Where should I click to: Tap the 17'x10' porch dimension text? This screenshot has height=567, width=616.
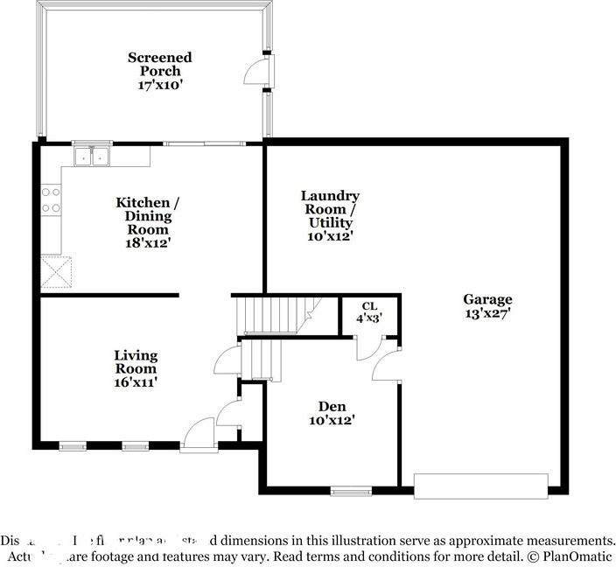pyautogui.click(x=159, y=85)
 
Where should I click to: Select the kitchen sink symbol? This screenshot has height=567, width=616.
pyautogui.click(x=91, y=157)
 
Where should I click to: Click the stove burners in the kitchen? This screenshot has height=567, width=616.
pyautogui.click(x=51, y=200)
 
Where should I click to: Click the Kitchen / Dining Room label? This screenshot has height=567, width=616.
pyautogui.click(x=143, y=216)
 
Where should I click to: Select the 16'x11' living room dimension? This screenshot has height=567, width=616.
pyautogui.click(x=136, y=381)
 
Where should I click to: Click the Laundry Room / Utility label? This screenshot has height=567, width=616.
pyautogui.click(x=330, y=209)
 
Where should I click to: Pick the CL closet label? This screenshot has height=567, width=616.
pyautogui.click(x=369, y=306)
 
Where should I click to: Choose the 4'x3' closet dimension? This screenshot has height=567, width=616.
pyautogui.click(x=369, y=318)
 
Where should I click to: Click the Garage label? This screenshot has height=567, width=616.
pyautogui.click(x=487, y=299)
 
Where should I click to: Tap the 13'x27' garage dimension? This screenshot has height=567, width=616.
pyautogui.click(x=487, y=312)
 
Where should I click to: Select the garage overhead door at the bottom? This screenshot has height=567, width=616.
pyautogui.click(x=480, y=485)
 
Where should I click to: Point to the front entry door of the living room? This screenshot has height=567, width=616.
pyautogui.click(x=199, y=435)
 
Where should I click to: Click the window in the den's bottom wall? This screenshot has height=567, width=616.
pyautogui.click(x=351, y=490)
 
